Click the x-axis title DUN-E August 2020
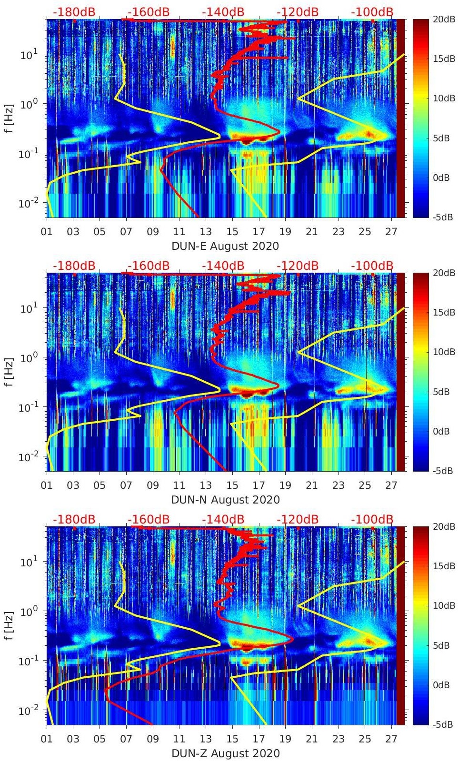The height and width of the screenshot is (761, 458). coord(225,246)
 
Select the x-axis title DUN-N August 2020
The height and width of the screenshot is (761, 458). coord(225,500)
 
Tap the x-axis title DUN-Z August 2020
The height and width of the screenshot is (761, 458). coord(225,753)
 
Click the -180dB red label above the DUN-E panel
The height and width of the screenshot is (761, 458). coord(74,12)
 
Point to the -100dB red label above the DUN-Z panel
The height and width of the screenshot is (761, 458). coord(372,519)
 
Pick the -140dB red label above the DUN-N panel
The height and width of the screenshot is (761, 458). coord(223,266)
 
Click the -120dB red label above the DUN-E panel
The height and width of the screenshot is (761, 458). coord(298,12)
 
